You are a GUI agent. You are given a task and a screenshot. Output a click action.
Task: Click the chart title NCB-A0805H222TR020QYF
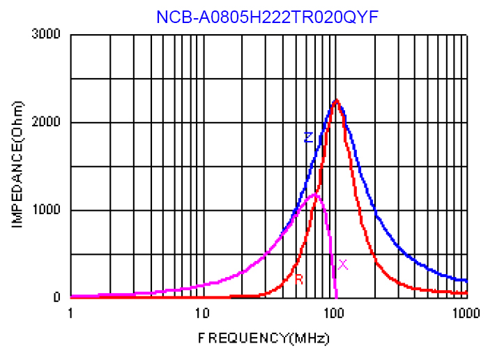(267, 17)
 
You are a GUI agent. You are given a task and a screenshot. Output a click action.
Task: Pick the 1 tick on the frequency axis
(70, 312)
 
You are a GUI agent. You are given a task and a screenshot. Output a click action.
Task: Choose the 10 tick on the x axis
(202, 312)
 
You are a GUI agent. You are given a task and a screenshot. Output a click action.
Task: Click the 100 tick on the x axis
(335, 312)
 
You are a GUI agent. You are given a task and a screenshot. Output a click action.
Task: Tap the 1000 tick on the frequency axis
(466, 312)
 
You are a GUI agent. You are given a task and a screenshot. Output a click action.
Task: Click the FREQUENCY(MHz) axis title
(264, 338)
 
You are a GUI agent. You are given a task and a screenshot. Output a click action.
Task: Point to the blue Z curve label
(307, 137)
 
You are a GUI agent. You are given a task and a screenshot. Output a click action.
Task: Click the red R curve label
(299, 279)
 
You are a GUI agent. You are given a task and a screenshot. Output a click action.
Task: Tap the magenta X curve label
(343, 264)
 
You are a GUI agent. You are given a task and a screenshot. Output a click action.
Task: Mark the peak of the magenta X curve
(316, 195)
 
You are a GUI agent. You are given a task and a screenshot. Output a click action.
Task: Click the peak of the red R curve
(337, 100)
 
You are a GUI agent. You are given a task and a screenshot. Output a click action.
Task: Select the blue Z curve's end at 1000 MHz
(466, 280)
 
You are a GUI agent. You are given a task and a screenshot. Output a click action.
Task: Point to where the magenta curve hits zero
(337, 297)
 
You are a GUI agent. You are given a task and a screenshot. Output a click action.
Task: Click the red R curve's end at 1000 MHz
(466, 292)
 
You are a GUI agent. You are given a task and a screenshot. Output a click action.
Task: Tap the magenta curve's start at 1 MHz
(71, 296)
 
